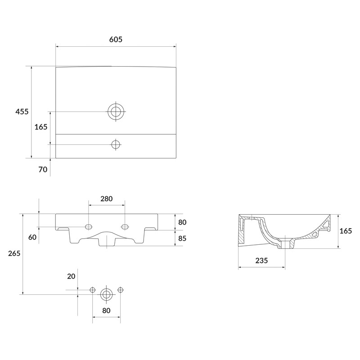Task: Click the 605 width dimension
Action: point(116,40)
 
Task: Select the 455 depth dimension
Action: point(22,111)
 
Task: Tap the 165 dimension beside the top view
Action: point(41,127)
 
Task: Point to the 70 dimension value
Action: point(43,170)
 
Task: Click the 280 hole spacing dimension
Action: point(106,198)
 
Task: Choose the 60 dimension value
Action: point(32,237)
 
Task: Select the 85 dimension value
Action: point(182,238)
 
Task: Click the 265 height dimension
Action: point(14,254)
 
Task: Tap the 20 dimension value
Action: point(71,276)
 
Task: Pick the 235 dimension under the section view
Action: point(261,261)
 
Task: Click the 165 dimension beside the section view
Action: point(346,231)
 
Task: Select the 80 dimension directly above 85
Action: point(182,222)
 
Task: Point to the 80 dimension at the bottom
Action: point(106,310)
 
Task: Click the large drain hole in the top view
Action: point(116,111)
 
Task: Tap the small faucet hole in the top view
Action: point(116,144)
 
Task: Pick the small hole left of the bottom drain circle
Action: point(93,290)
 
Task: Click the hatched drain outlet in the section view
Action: point(286,244)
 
